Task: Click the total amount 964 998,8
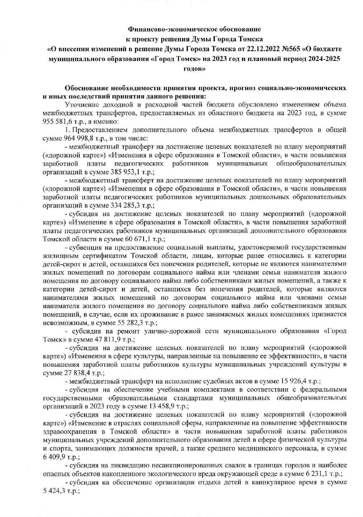(x=77, y=138)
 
